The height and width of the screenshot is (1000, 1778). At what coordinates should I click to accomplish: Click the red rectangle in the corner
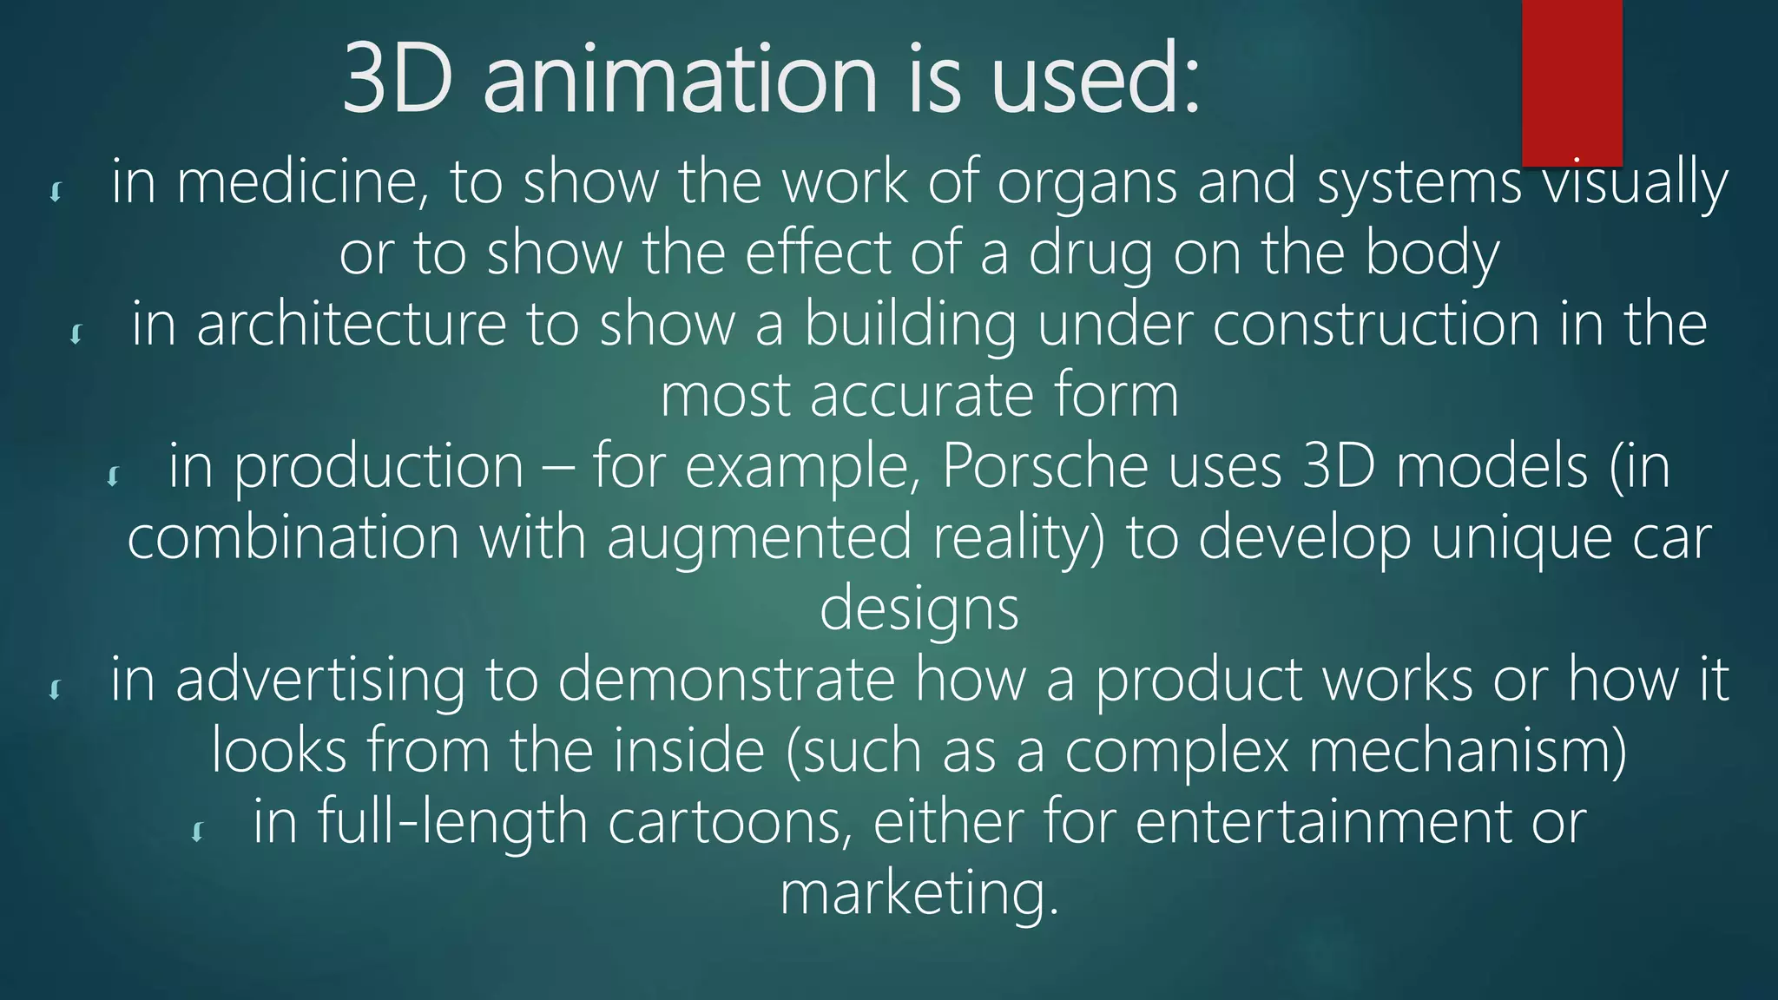tap(1571, 82)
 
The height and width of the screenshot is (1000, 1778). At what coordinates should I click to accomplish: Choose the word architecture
tap(352, 325)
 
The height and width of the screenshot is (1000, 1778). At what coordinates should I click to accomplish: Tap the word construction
tap(1375, 325)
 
